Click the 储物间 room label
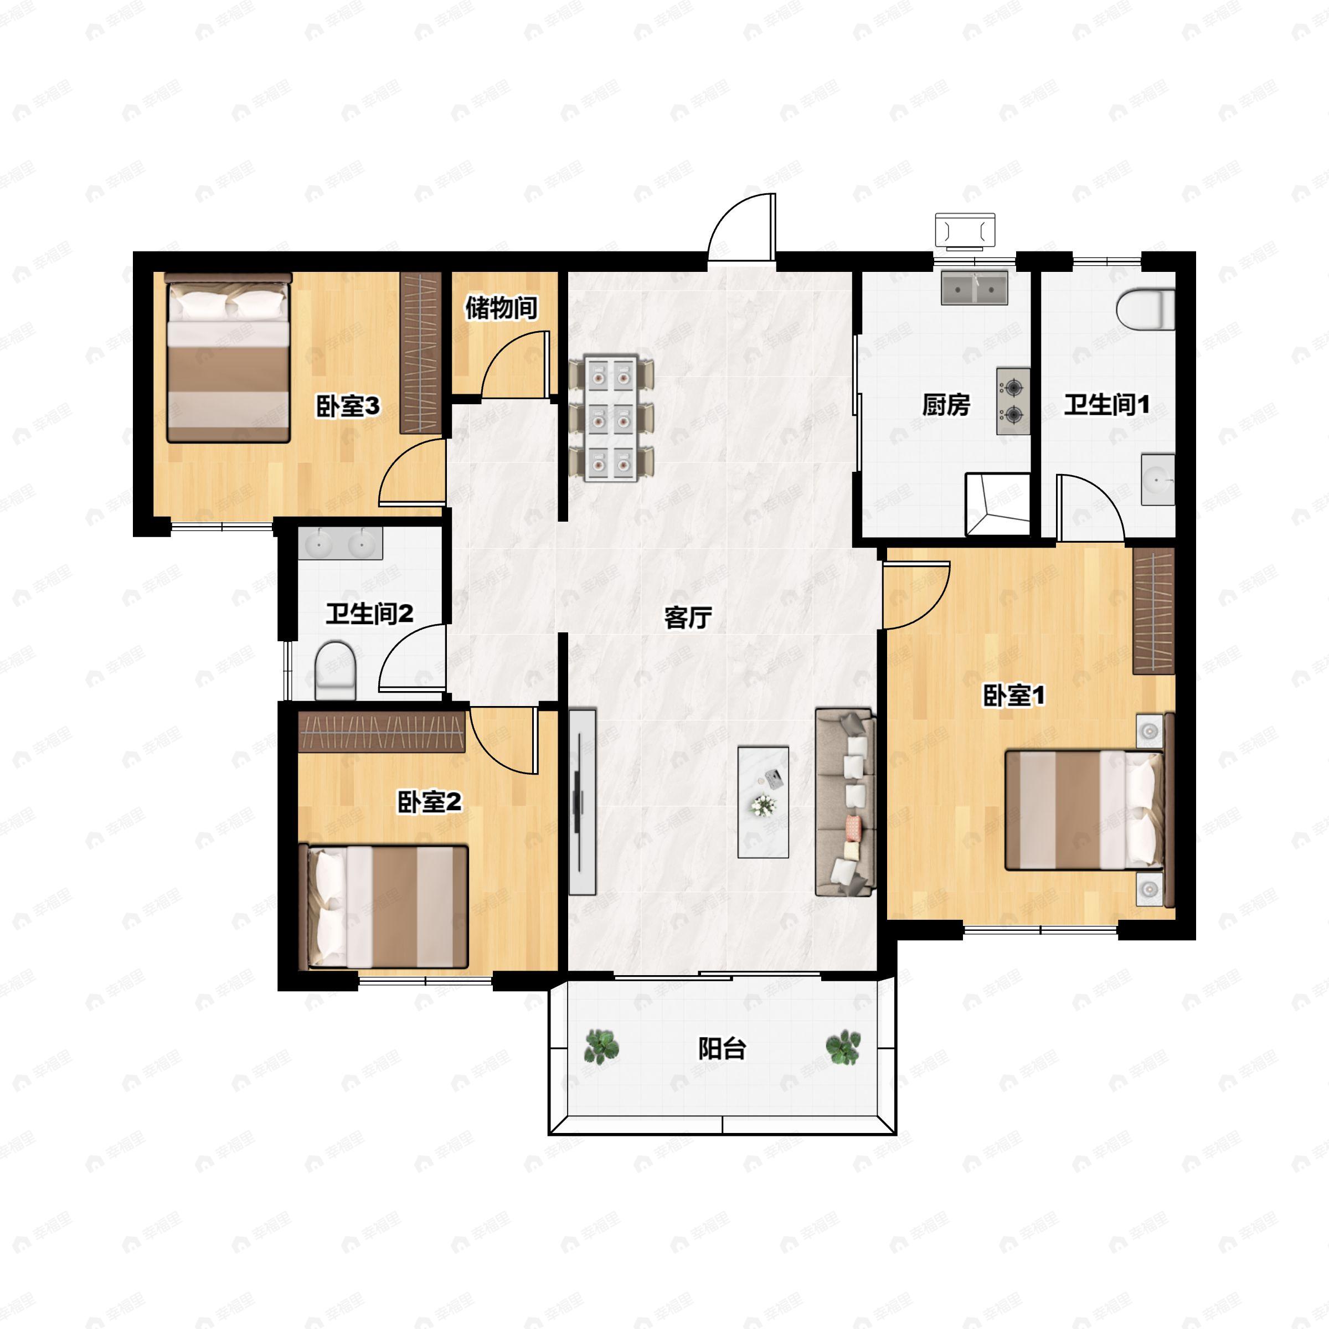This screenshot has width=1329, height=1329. (x=502, y=307)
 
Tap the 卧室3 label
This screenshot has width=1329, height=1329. (x=348, y=406)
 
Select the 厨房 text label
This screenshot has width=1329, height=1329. (x=946, y=405)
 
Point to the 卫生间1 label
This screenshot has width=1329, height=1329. (x=1107, y=404)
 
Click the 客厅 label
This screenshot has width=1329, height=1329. (x=688, y=618)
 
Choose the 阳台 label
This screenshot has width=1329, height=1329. (x=722, y=1049)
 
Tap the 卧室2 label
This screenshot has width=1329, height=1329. (x=430, y=802)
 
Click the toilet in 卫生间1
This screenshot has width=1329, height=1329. (x=1145, y=310)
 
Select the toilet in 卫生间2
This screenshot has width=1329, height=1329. (x=335, y=670)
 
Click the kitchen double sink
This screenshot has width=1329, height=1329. (x=975, y=288)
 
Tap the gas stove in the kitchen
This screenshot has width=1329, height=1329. (x=1013, y=401)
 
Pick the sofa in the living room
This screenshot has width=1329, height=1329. (x=846, y=803)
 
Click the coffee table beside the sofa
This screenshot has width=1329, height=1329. (x=763, y=802)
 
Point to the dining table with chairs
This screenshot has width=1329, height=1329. (x=611, y=417)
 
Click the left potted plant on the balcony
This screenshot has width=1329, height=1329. (x=602, y=1047)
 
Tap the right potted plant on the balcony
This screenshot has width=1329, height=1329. (x=843, y=1047)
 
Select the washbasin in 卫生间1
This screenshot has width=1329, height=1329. (x=1158, y=480)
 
